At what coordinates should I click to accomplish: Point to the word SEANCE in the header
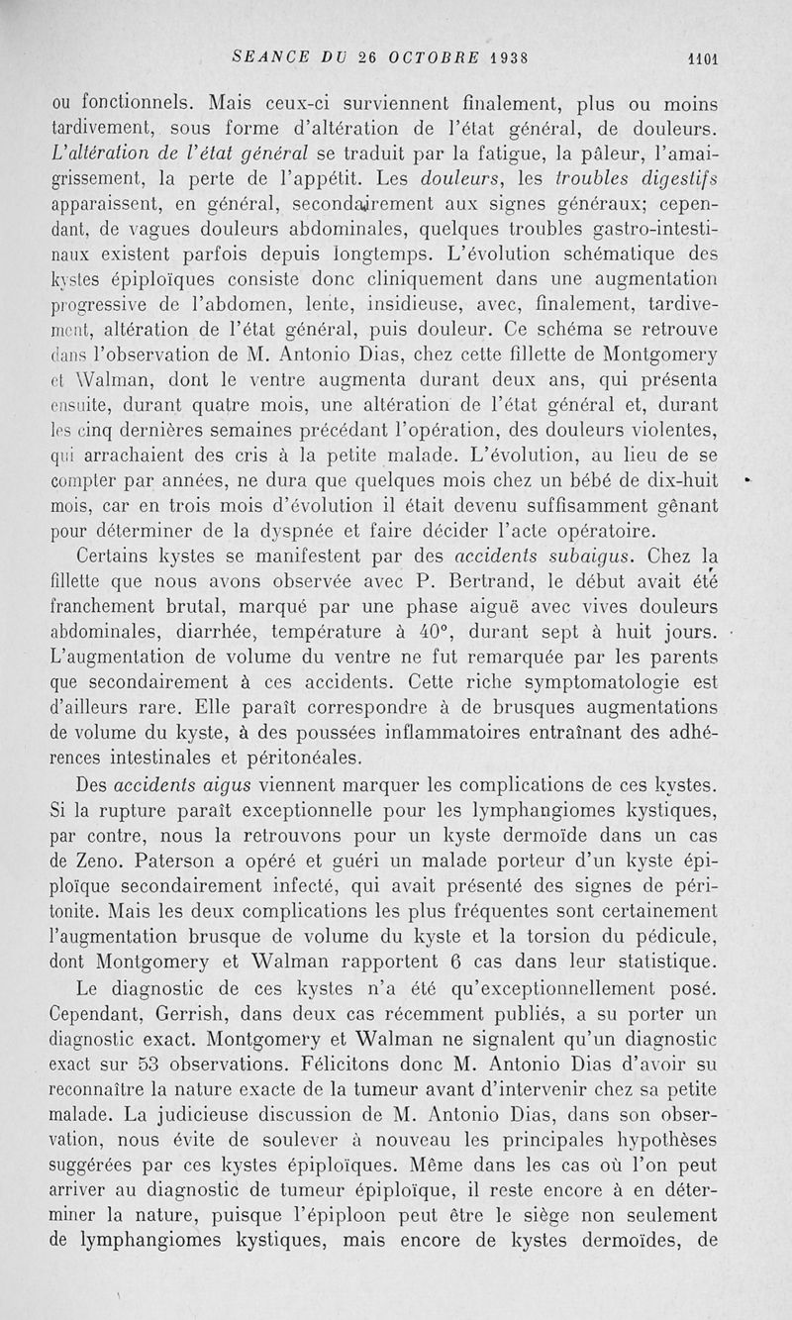[x=263, y=56]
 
